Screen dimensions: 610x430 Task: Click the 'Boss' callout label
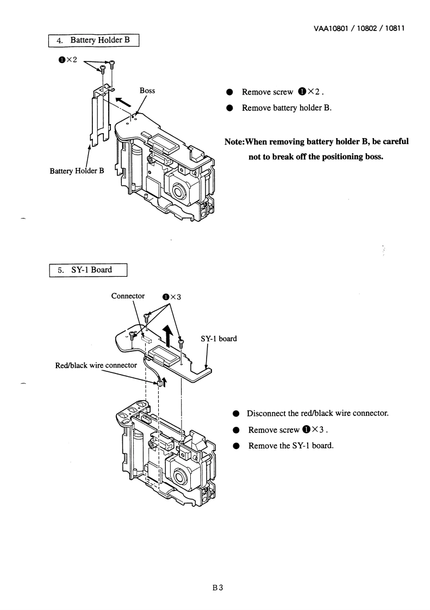[147, 91]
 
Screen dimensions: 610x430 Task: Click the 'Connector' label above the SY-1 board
[128, 296]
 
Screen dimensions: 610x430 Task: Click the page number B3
[218, 587]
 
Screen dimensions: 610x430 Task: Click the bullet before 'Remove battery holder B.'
[230, 108]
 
